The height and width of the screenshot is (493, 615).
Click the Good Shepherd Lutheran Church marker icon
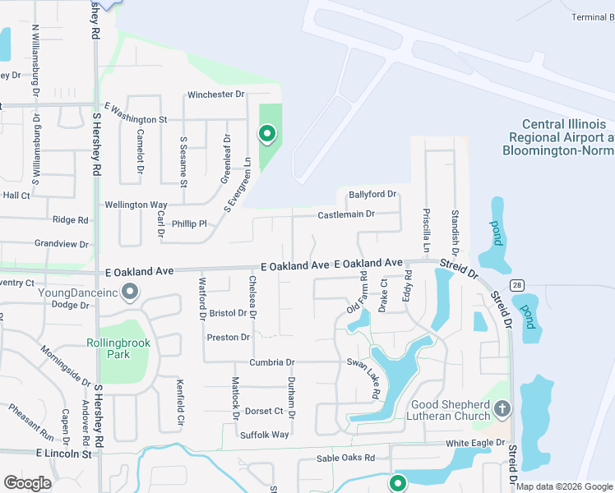(x=503, y=408)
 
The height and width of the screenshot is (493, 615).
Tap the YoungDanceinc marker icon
(x=130, y=292)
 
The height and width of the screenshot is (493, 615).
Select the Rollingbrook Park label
(x=108, y=349)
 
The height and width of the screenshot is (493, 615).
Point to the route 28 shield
(x=516, y=284)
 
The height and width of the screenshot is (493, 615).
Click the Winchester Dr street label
(x=216, y=94)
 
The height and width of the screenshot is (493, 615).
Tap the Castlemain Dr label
(x=346, y=214)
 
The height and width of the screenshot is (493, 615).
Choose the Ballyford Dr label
(x=372, y=195)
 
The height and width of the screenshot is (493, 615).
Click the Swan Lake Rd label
(x=363, y=379)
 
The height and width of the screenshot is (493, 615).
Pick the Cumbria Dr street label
(x=268, y=362)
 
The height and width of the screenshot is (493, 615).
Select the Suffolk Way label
(x=264, y=435)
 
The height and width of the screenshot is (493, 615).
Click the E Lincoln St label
(x=63, y=454)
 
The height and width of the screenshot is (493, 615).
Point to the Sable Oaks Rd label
(x=345, y=458)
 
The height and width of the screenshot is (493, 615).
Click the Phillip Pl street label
(x=190, y=223)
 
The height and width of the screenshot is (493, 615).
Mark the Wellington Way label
(x=136, y=205)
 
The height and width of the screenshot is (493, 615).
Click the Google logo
(x=28, y=483)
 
